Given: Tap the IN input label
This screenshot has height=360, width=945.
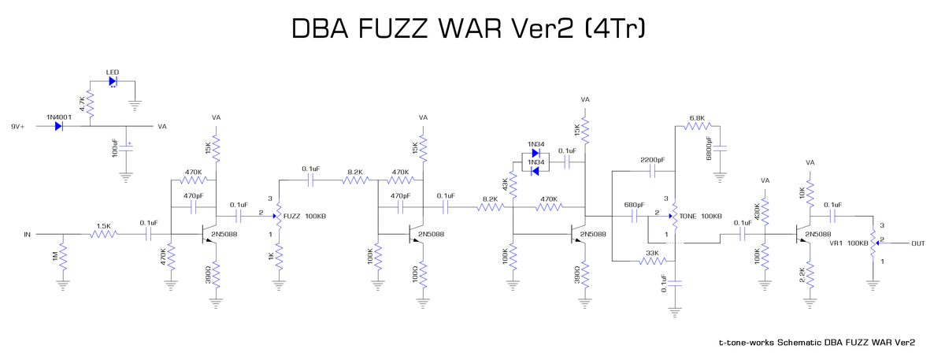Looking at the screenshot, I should click(x=28, y=234).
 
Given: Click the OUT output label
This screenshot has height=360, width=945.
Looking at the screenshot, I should click(x=917, y=243).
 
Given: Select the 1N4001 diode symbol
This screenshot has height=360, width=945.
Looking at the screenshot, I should click(x=60, y=126).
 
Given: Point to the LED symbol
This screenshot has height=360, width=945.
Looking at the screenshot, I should click(x=113, y=80).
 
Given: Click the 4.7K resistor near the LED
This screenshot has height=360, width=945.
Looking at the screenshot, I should click(x=91, y=102).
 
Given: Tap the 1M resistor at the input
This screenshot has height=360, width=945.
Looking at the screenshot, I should click(x=64, y=258).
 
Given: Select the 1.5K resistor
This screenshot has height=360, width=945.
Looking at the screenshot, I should click(x=103, y=234).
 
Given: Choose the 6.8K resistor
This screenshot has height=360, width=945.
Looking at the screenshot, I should click(x=698, y=126).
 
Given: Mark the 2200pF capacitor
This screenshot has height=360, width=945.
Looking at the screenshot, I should click(x=653, y=169).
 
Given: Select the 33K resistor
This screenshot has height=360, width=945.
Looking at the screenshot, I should click(x=653, y=262).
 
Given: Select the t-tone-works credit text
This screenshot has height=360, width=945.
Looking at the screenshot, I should click(x=817, y=343).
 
